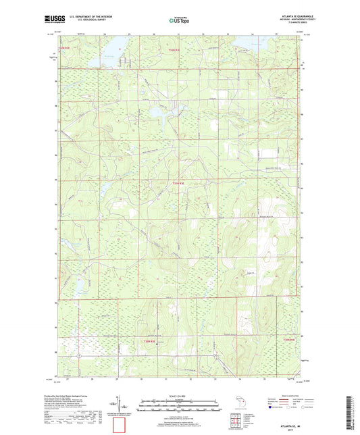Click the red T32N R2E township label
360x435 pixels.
click(x=64, y=48)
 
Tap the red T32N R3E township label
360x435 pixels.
click(x=175, y=48)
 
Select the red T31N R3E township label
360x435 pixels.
click(x=178, y=183)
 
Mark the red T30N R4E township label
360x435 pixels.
click(x=289, y=339)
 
